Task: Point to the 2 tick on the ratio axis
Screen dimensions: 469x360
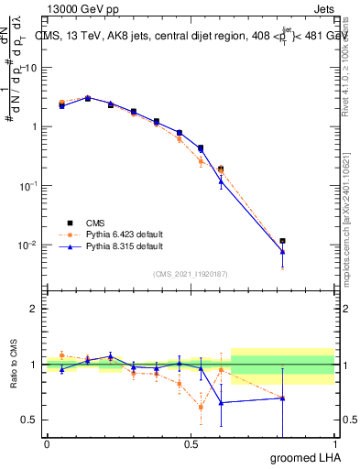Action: [34, 309]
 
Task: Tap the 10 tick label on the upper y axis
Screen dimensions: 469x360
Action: [30, 68]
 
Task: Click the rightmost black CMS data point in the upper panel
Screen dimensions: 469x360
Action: [282, 241]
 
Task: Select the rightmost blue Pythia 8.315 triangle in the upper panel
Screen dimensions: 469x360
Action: [282, 251]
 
